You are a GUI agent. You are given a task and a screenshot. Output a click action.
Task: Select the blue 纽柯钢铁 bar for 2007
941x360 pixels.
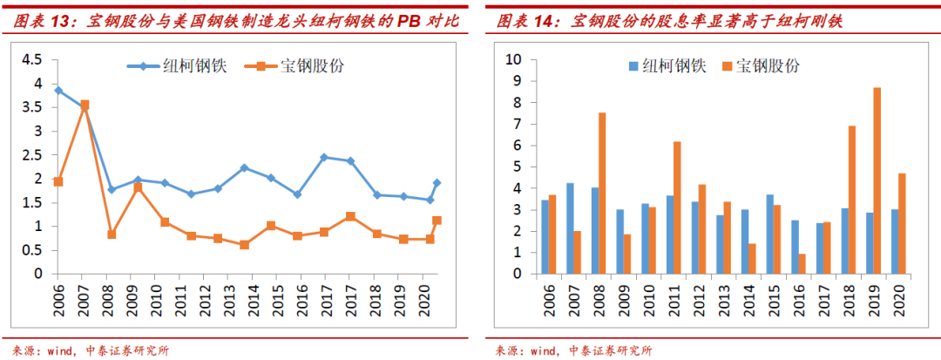pyautogui.click(x=570, y=228)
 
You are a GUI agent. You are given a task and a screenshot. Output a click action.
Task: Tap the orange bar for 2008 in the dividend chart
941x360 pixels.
pyautogui.click(x=602, y=193)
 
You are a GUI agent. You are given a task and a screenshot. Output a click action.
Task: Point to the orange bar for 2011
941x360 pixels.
pyautogui.click(x=677, y=207)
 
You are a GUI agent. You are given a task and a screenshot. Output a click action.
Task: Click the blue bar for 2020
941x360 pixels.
pyautogui.click(x=895, y=241)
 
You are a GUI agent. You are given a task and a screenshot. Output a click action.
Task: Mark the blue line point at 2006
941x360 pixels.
pyautogui.click(x=58, y=90)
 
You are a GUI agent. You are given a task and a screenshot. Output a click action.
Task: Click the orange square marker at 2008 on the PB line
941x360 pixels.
pyautogui.click(x=112, y=234)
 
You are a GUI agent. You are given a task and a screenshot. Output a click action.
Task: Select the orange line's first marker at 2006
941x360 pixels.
pyautogui.click(x=58, y=181)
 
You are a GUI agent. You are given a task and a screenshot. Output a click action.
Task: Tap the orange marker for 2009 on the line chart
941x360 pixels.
pyautogui.click(x=138, y=187)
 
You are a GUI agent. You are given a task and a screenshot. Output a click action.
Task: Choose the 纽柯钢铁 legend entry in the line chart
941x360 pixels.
pyautogui.click(x=178, y=66)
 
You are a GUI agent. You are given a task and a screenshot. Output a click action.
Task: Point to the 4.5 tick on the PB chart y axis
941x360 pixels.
pyautogui.click(x=31, y=59)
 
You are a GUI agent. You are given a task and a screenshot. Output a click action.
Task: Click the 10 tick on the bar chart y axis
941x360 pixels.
pyautogui.click(x=514, y=59)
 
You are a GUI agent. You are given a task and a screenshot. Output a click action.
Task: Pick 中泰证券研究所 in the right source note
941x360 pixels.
pyautogui.click(x=610, y=350)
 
